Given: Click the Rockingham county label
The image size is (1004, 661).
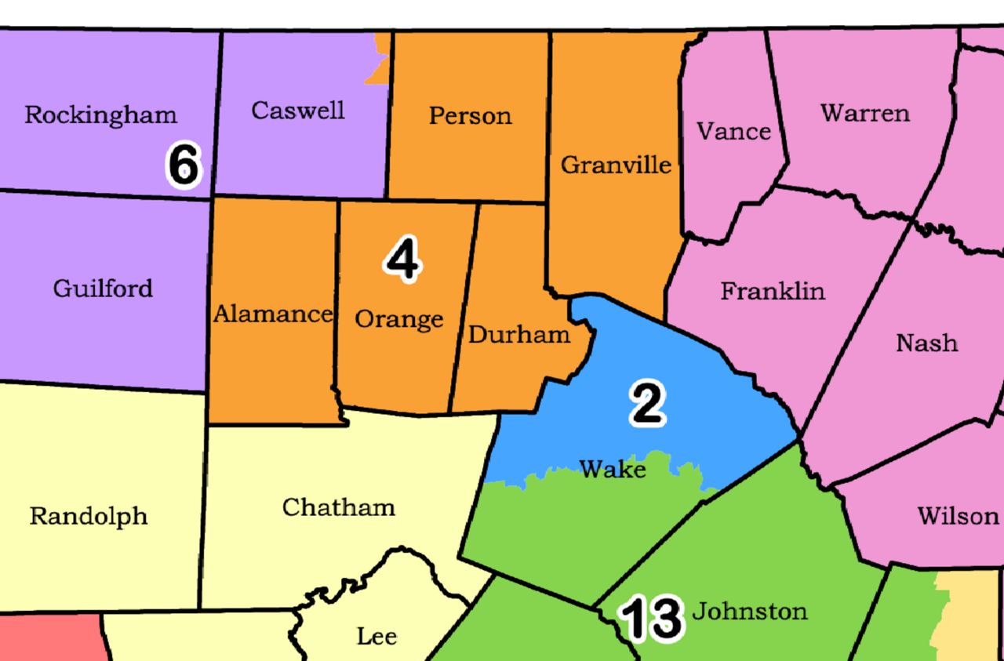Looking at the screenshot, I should click(x=100, y=115).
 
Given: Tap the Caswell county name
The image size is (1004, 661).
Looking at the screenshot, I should click(x=297, y=111).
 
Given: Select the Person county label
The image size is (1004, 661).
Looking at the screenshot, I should click(x=470, y=116).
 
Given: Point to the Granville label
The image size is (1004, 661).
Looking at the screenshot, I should click(x=616, y=165).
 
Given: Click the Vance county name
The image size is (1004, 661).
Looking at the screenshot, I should click(x=733, y=131).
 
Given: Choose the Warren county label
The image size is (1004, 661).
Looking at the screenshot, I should click(x=865, y=113).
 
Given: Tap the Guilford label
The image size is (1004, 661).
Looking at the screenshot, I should click(x=103, y=289).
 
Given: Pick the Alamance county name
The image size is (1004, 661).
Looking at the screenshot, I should click(x=273, y=314).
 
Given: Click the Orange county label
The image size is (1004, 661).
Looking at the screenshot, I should click(x=398, y=319).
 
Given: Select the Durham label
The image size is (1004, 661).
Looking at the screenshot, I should click(x=518, y=335).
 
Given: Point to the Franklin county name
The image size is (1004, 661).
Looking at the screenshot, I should click(x=773, y=292).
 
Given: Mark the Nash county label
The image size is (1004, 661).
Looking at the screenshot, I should click(x=926, y=343).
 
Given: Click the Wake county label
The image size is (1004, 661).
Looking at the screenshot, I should click(x=613, y=469).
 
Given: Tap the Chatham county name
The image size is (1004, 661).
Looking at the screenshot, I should click(x=338, y=507).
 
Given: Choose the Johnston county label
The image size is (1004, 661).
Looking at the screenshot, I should click(x=749, y=611).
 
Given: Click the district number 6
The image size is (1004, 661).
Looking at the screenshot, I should click(x=184, y=165).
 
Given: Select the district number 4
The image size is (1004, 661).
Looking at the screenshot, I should click(x=402, y=260).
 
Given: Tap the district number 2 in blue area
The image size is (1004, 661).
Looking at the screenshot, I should click(x=648, y=404).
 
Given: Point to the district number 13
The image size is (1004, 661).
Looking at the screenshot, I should click(x=651, y=618).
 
